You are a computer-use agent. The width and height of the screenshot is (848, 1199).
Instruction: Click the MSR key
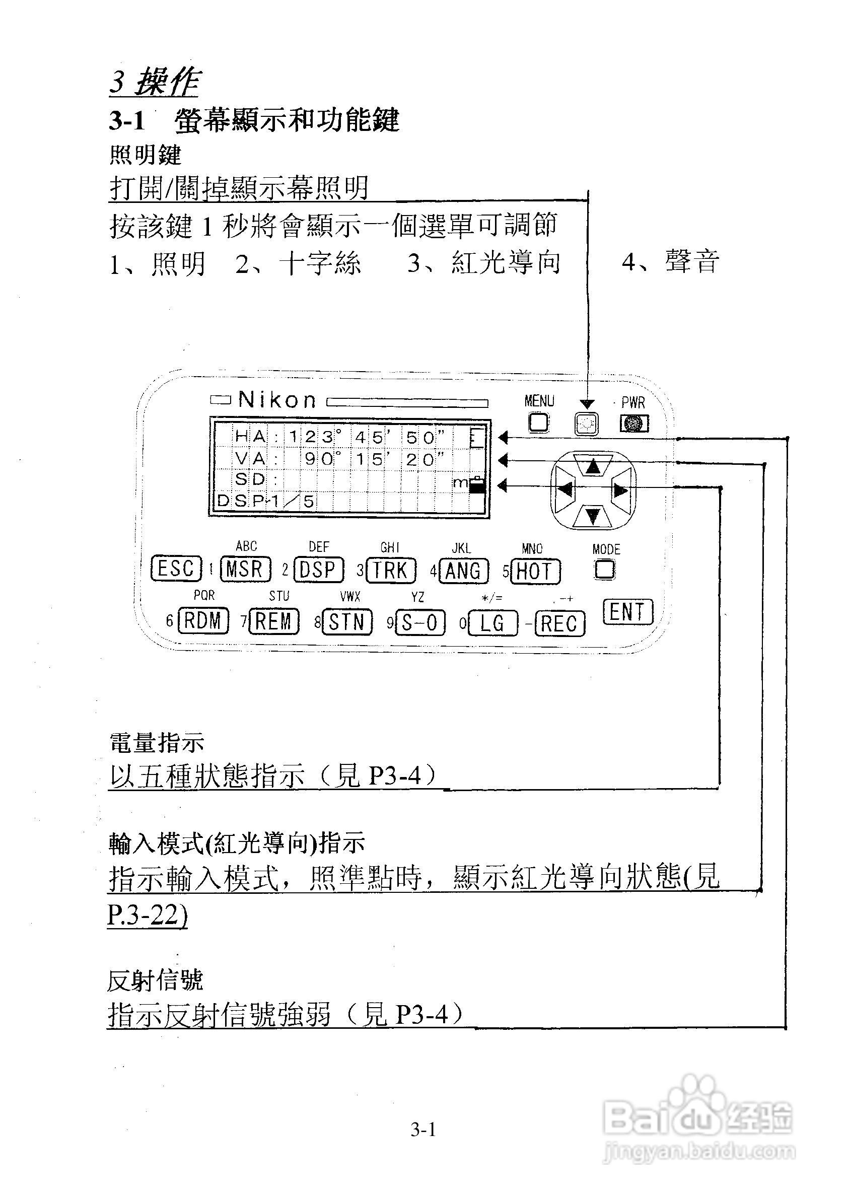245,570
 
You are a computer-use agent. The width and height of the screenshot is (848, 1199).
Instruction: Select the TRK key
391,571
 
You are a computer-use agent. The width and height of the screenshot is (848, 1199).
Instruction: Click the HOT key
535,572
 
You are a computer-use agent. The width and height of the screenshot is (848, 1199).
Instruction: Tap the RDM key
203,621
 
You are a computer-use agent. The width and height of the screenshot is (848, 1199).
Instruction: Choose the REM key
273,621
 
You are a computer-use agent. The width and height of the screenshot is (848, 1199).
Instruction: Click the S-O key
420,622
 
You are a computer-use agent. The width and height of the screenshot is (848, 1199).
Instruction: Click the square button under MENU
539,422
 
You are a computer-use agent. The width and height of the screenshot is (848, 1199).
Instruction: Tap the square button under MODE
605,569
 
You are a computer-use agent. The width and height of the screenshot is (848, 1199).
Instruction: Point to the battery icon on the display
477,485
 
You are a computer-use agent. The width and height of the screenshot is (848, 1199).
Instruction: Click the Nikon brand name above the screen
277,400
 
